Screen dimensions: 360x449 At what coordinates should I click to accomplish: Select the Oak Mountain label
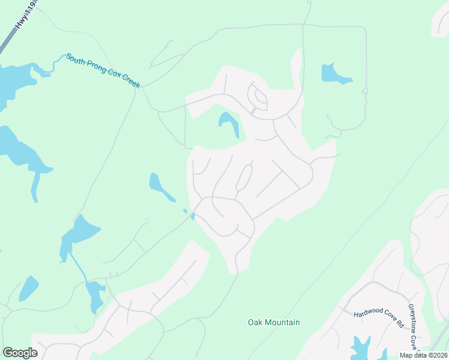[x=274, y=322]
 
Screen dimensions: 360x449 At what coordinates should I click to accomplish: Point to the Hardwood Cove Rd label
[x=378, y=318]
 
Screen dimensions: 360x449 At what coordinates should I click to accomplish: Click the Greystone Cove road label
[x=413, y=326]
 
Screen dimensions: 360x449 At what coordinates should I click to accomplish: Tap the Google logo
[x=20, y=353]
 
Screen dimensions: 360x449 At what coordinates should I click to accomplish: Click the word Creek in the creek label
[x=129, y=81]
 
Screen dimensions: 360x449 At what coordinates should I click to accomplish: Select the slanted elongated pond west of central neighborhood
[x=160, y=187]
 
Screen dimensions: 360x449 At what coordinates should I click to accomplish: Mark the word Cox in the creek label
[x=113, y=75]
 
